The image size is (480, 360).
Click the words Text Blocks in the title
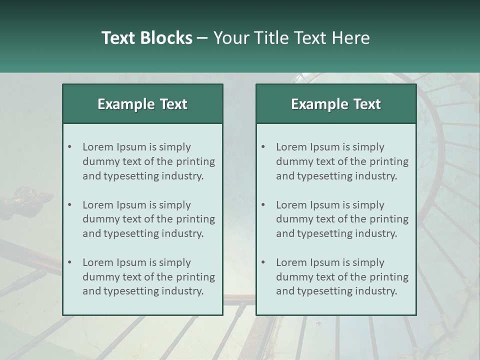click(146, 38)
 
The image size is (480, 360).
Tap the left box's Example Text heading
click(142, 104)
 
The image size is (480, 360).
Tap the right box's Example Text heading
click(336, 104)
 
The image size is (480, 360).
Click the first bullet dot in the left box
click(69, 147)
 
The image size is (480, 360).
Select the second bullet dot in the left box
click(69, 205)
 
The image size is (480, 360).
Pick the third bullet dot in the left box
click(69, 262)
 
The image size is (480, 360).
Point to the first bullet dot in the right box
click(263, 147)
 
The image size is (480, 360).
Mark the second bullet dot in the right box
click(263, 205)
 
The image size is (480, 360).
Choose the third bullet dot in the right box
click(263, 262)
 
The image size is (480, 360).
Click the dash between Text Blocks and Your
click(202, 38)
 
